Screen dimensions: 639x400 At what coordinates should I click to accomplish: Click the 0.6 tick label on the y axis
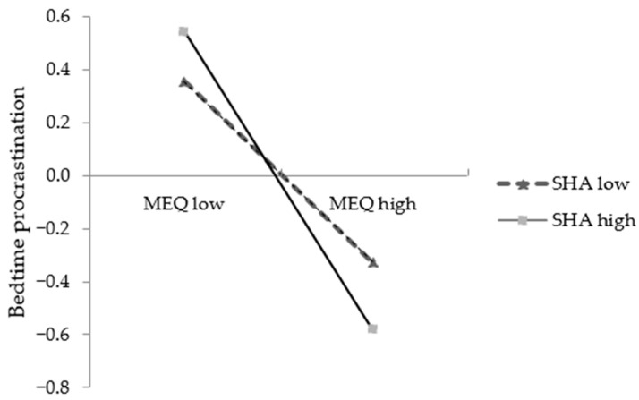coord(59,17)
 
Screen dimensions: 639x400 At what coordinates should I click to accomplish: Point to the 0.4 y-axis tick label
coord(59,70)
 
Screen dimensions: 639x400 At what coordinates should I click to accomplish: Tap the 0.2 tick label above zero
coord(59,123)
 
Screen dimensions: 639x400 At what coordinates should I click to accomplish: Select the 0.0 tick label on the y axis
coord(59,176)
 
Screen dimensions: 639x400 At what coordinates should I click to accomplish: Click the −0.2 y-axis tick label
coord(54,229)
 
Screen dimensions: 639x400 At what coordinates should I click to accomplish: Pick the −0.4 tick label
coord(54,282)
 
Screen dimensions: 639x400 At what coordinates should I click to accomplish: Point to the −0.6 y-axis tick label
coord(54,335)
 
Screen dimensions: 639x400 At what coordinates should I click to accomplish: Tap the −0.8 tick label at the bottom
coord(54,387)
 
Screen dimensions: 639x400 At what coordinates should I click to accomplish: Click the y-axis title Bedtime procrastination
coord(17,201)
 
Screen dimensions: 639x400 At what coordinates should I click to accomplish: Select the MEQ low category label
coord(183,203)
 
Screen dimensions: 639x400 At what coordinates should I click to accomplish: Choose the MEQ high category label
coord(373,203)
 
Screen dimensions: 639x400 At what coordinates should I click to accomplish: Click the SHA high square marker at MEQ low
coord(183,31)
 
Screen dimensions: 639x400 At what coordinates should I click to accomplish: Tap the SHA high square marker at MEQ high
coord(372,328)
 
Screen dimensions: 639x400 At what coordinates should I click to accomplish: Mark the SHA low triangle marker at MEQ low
coord(184,81)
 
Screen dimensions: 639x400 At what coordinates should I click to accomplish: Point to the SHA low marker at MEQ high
coord(373,263)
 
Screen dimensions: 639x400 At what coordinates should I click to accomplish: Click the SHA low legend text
coord(591,184)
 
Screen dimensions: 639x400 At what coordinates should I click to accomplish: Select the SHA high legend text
coord(593,220)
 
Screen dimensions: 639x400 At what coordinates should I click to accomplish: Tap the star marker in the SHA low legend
coord(522,184)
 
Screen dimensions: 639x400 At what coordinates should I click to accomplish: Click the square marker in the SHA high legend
coord(522,220)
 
